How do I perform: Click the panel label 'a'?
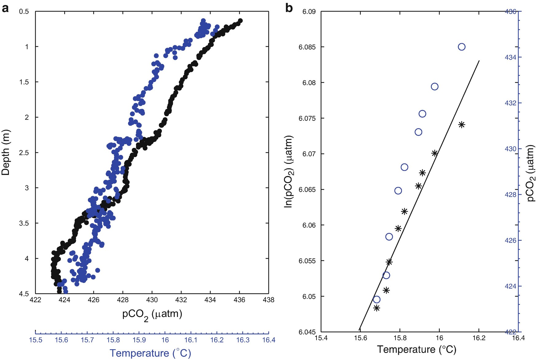(5, 8)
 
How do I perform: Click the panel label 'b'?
(289, 8)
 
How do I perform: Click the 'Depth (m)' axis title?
(6, 152)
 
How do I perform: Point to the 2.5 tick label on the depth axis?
(24, 153)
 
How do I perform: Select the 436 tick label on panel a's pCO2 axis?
(239, 300)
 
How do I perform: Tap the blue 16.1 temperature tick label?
(191, 340)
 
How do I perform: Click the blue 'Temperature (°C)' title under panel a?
(150, 353)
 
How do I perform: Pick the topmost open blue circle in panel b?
(462, 47)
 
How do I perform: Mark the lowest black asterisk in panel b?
(376, 308)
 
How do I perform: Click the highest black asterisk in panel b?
(462, 125)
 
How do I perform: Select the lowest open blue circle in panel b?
(376, 299)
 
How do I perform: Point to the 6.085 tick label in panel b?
(307, 47)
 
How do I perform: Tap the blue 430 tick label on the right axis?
(511, 149)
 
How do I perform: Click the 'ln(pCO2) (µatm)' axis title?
(289, 172)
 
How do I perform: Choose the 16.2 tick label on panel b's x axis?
(479, 338)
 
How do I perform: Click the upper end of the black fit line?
(479, 61)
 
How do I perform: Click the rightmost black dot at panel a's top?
(240, 21)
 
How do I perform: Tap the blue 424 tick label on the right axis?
(511, 286)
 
